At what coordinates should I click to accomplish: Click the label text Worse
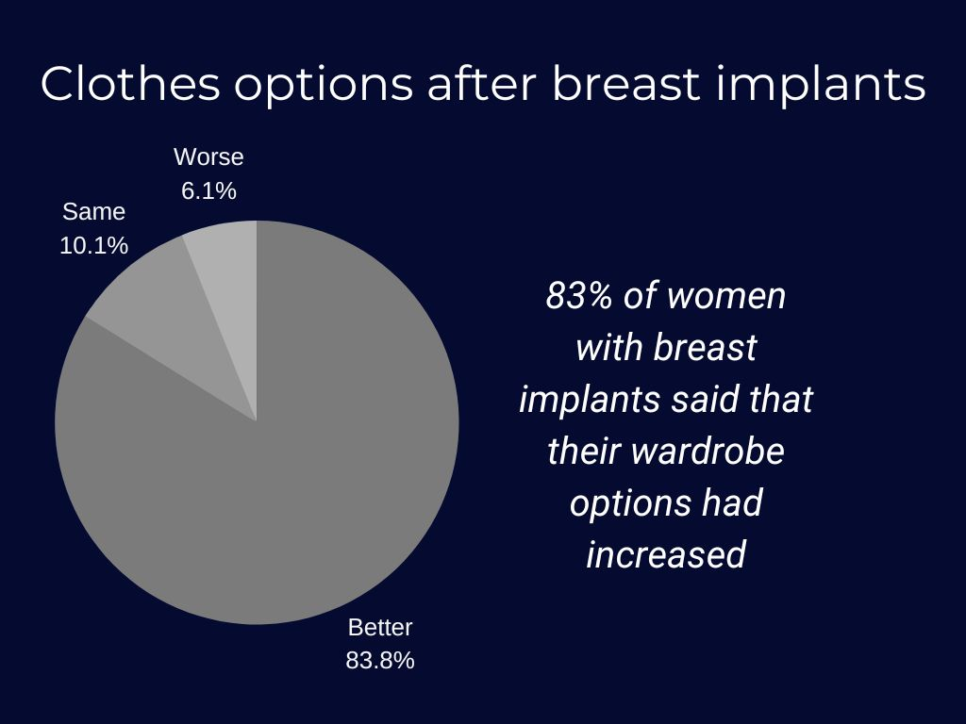tap(208, 157)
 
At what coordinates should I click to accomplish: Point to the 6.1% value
tap(208, 190)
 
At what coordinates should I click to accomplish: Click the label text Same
tap(93, 212)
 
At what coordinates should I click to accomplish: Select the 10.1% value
tap(93, 246)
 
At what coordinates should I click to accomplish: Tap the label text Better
tap(380, 627)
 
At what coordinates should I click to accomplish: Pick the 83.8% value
tap(380, 661)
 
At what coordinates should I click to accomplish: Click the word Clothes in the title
tap(130, 83)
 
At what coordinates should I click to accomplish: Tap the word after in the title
tap(482, 83)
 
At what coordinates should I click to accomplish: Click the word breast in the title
tap(626, 83)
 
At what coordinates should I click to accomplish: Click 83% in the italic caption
tap(579, 295)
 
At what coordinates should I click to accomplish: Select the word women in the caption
tap(727, 297)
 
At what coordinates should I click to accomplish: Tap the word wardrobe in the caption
tap(708, 451)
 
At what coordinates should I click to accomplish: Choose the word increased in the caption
tap(666, 554)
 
